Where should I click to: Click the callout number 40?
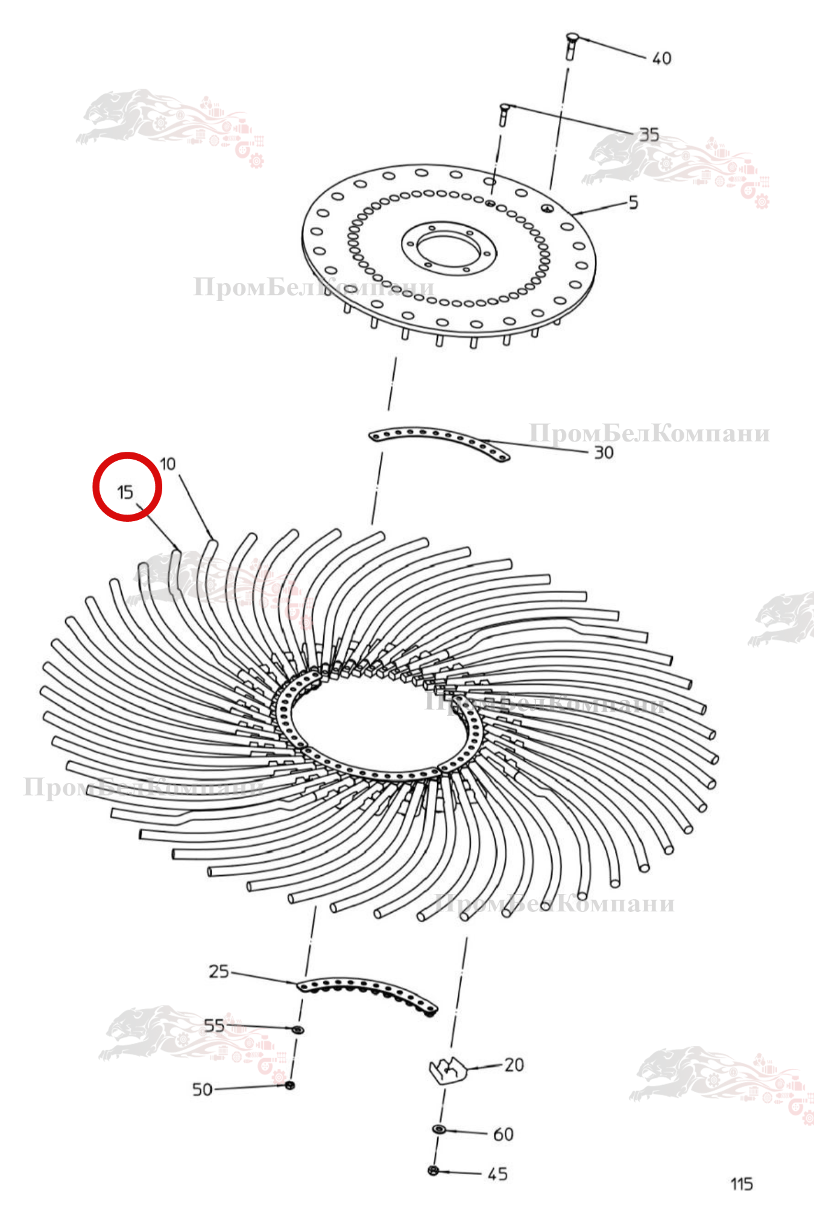click(661, 59)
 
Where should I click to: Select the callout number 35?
click(649, 135)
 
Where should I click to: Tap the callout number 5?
click(633, 202)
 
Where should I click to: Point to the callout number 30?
click(604, 452)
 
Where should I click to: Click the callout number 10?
click(168, 464)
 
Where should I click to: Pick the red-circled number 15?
click(125, 492)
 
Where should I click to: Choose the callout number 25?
click(219, 971)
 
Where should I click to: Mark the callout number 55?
click(214, 1025)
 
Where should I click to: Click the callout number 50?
click(203, 1089)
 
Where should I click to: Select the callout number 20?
click(514, 1065)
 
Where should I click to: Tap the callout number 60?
click(503, 1135)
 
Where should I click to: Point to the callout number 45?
click(497, 1174)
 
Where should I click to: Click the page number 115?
click(742, 1184)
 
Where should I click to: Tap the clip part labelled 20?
click(447, 1070)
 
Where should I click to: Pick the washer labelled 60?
click(439, 1128)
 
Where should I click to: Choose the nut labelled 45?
click(432, 1171)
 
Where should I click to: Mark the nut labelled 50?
click(289, 1085)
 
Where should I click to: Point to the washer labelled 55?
click(297, 1029)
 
